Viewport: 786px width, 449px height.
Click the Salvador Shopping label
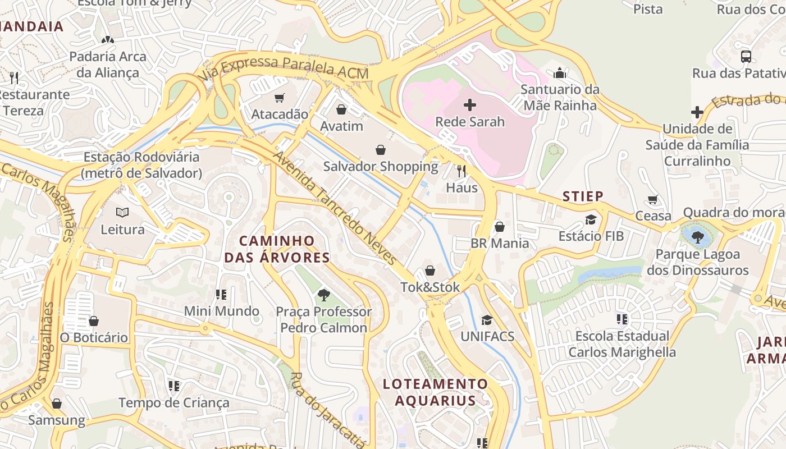coord(381,167)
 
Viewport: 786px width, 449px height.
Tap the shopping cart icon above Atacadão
coord(280,98)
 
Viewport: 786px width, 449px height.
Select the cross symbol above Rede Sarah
coord(470,105)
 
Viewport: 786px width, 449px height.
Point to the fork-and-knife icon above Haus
coord(461,171)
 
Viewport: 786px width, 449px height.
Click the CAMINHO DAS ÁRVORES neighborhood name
coord(277,249)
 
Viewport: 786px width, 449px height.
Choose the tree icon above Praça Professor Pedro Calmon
coord(323,295)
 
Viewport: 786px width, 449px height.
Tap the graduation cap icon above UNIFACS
coord(487,320)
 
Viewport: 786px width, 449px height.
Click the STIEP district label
coord(583,196)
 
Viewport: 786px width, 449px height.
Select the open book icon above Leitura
coord(122,213)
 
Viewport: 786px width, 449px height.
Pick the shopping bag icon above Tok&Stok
coord(430,271)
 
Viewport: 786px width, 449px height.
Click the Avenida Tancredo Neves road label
coord(335,208)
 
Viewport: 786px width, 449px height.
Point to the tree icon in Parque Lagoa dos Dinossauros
coord(698,237)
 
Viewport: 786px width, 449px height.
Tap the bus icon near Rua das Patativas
coord(746,57)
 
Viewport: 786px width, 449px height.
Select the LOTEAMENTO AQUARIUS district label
coord(435,392)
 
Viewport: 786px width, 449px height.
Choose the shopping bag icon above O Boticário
coord(94,321)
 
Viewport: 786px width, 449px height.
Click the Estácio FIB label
coord(591,236)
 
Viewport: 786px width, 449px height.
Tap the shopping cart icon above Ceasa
coord(653,200)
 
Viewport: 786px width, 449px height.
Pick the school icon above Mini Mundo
coord(221,295)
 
